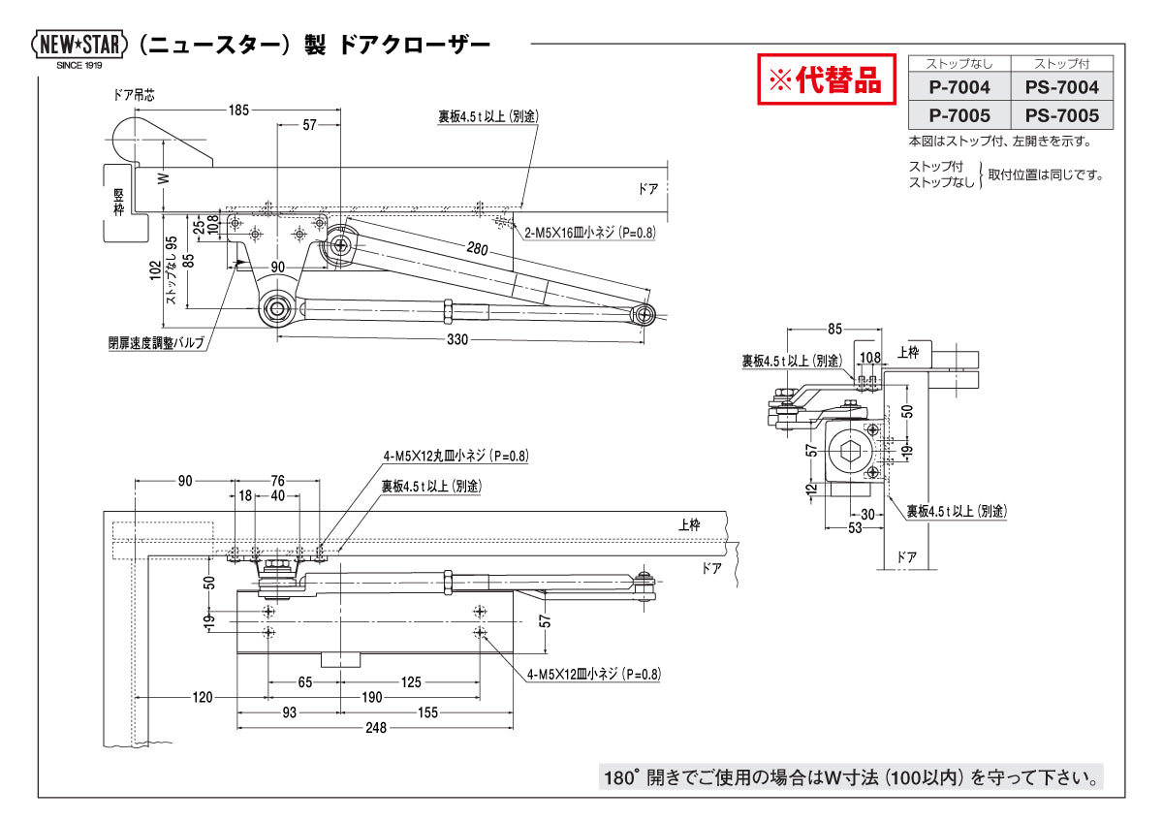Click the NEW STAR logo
tap(79, 45)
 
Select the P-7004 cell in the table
tap(959, 87)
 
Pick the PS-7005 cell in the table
tap(1061, 115)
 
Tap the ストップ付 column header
tap(1061, 64)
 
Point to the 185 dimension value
tap(238, 111)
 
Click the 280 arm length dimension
tap(477, 249)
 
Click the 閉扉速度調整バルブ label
tap(155, 342)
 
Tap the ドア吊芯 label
tap(134, 95)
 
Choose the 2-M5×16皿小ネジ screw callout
tap(589, 234)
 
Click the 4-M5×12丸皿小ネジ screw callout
tap(456, 455)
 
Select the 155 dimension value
tap(426, 712)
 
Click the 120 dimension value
tap(202, 697)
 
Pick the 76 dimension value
tap(277, 480)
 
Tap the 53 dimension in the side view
tap(853, 527)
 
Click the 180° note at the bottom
tap(851, 776)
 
